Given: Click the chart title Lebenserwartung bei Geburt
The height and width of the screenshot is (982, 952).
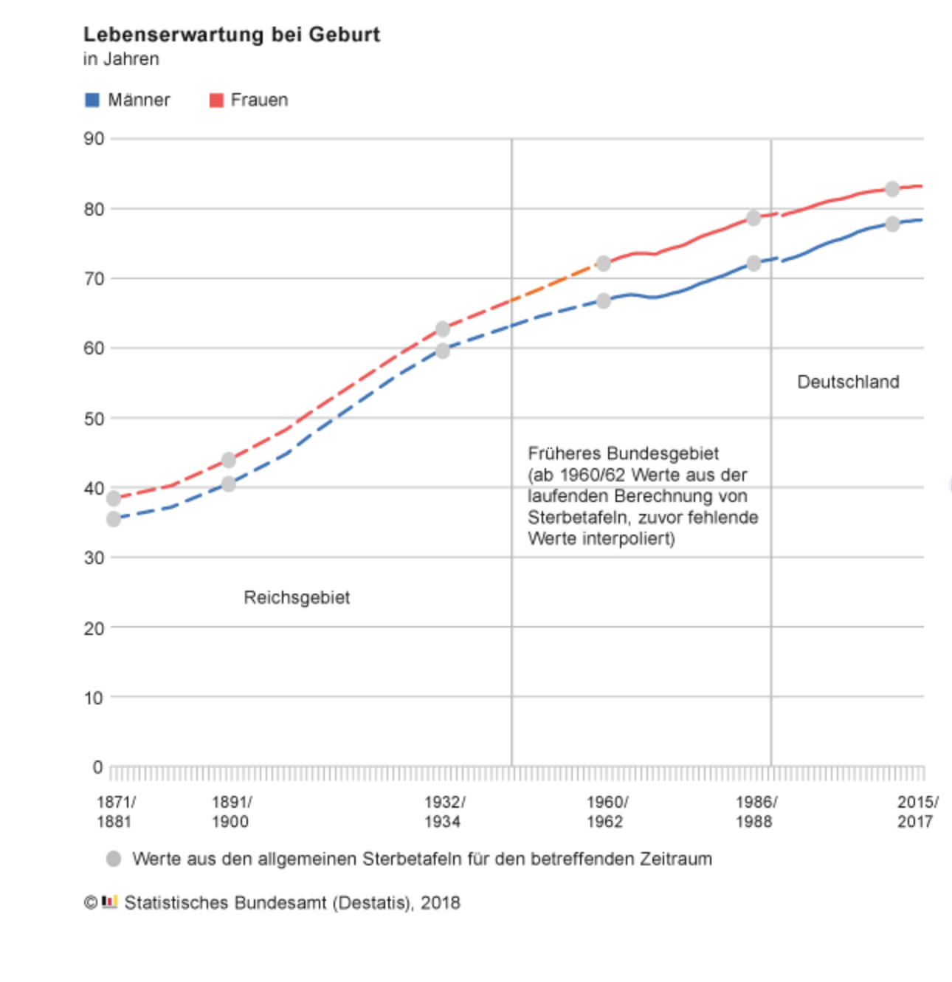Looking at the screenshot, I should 231,35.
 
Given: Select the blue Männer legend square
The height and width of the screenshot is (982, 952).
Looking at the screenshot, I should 92,100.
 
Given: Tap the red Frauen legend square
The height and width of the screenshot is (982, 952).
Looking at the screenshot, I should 216,100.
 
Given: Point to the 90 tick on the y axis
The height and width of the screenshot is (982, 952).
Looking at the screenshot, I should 94,139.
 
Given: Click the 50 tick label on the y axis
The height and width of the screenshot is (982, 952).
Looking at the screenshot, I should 94,419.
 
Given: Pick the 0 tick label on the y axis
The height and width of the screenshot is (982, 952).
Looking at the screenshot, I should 97,767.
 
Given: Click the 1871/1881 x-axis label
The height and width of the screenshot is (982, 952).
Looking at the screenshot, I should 115,811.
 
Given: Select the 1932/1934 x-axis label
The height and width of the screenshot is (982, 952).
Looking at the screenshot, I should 444,811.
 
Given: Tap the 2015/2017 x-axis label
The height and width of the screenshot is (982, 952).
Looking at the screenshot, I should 917,811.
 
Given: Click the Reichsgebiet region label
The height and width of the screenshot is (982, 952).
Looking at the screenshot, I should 297,597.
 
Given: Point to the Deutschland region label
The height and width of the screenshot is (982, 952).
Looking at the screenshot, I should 848,382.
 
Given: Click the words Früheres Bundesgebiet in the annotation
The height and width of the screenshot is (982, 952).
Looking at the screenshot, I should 623,453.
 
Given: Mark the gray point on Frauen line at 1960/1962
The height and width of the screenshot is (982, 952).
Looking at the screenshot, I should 604,264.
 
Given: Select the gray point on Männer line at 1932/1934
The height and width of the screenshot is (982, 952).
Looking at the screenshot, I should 443,351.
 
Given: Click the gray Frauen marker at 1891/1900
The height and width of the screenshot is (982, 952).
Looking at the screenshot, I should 229,460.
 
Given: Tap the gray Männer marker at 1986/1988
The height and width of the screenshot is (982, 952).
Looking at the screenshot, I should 753,264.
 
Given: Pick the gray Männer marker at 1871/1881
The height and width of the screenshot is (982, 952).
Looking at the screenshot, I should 114,519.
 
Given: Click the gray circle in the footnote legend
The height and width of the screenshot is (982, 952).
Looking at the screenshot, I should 114,859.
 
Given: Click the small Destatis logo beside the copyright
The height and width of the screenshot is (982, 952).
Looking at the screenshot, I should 110,902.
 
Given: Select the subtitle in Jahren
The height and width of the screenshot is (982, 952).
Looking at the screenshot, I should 121,59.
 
